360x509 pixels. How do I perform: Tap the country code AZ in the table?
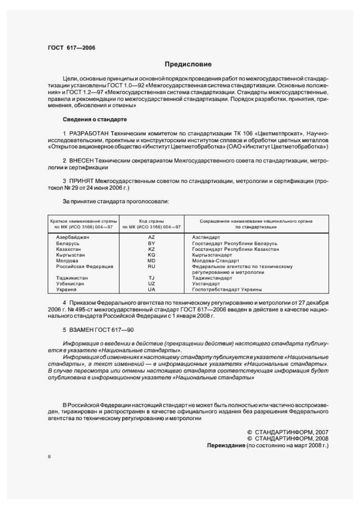(x=152, y=237)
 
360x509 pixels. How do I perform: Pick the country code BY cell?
(x=152, y=243)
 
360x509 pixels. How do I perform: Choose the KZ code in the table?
(x=152, y=249)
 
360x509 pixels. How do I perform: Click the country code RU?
(x=152, y=266)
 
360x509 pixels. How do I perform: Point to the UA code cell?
(x=152, y=289)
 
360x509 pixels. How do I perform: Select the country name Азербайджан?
(x=72, y=237)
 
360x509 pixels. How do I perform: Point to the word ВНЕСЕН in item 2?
(x=84, y=161)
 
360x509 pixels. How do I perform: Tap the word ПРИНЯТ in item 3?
(x=84, y=181)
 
